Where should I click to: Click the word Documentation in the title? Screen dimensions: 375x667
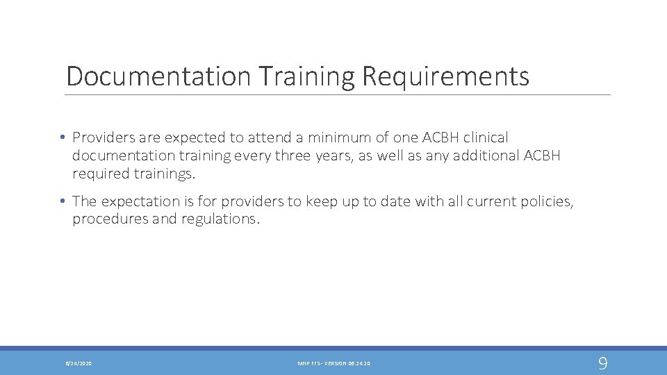click(x=158, y=76)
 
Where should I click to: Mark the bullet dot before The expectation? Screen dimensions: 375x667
click(x=63, y=201)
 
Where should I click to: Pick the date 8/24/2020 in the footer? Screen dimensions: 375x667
click(x=79, y=363)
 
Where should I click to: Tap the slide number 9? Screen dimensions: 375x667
click(x=602, y=362)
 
